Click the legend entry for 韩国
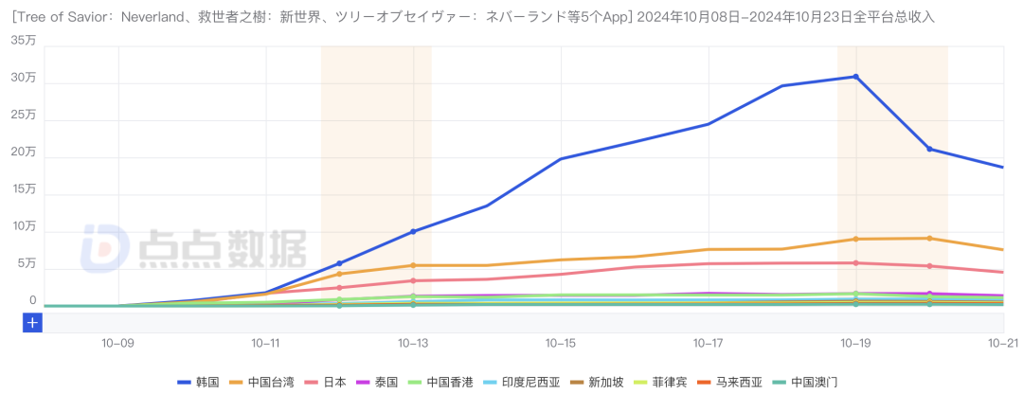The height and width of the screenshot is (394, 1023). pyautogui.click(x=198, y=382)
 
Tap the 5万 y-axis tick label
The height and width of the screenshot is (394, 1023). pyautogui.click(x=27, y=263)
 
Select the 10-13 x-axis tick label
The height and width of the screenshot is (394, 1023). pyautogui.click(x=413, y=343)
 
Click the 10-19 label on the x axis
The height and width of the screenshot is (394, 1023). pyautogui.click(x=855, y=343)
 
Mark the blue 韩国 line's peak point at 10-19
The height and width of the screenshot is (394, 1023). pyautogui.click(x=855, y=77)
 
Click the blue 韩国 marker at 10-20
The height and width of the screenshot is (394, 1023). pyautogui.click(x=929, y=149)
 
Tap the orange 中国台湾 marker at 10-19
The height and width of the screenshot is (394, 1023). pyautogui.click(x=855, y=239)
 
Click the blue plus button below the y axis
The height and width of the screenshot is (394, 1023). pyautogui.click(x=32, y=323)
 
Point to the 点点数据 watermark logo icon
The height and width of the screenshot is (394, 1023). pyautogui.click(x=103, y=248)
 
